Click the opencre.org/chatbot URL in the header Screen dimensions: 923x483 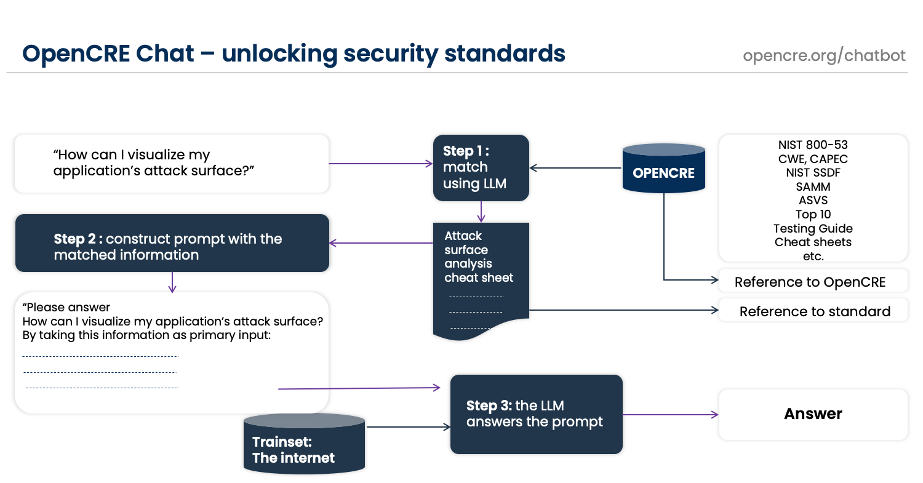point(824,55)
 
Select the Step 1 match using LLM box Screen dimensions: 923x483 point(481,168)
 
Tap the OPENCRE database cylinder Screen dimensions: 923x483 point(663,168)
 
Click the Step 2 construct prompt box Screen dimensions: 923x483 point(172,243)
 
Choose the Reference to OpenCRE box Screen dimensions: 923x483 point(813,281)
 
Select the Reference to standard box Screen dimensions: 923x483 point(813,310)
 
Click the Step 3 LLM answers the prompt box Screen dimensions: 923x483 point(536,414)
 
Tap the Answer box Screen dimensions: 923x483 point(813,414)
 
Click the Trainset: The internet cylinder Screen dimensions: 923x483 point(304,444)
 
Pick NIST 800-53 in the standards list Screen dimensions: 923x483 point(813,145)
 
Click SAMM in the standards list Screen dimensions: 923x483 point(813,186)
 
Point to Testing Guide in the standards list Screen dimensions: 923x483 point(813,228)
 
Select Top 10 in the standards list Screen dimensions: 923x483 point(813,214)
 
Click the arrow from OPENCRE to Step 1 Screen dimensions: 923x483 point(575,168)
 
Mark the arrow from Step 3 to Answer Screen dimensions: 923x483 point(671,415)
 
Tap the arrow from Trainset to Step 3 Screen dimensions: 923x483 point(409,427)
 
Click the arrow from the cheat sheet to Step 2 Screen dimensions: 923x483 point(381,243)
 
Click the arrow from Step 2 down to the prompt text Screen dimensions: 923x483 point(172,282)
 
